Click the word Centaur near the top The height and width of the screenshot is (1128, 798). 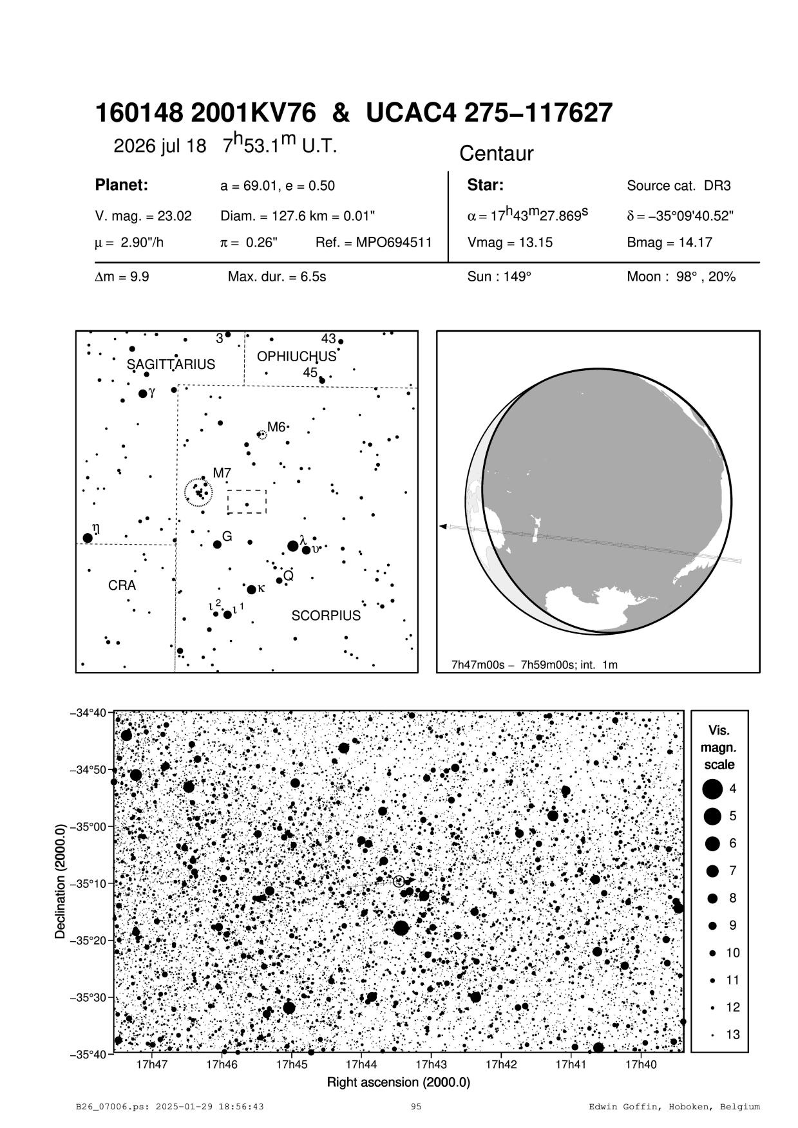point(496,154)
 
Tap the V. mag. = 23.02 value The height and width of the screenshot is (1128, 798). point(143,216)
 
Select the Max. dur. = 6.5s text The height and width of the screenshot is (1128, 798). point(277,277)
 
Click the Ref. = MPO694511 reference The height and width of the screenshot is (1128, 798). point(374,243)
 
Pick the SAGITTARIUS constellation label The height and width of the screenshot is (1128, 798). point(171,364)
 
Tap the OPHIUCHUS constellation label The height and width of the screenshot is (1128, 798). point(296,357)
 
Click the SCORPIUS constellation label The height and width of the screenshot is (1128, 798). point(326,616)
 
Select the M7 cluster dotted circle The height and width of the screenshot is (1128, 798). point(198,493)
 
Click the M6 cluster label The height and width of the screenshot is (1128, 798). point(276,427)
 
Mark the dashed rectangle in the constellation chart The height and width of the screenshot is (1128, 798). point(247,502)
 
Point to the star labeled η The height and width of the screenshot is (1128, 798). point(88,538)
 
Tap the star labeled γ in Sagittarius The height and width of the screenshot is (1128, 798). point(143,393)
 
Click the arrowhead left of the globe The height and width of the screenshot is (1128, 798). point(442,527)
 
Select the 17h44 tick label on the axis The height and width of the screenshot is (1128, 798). point(361,1065)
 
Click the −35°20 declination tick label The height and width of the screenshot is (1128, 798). point(90,941)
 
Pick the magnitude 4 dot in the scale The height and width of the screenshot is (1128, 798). point(712,789)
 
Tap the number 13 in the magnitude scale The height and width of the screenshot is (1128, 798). point(733,1035)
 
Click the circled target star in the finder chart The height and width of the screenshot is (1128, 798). point(398,881)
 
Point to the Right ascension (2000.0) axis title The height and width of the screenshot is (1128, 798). point(399,1082)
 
